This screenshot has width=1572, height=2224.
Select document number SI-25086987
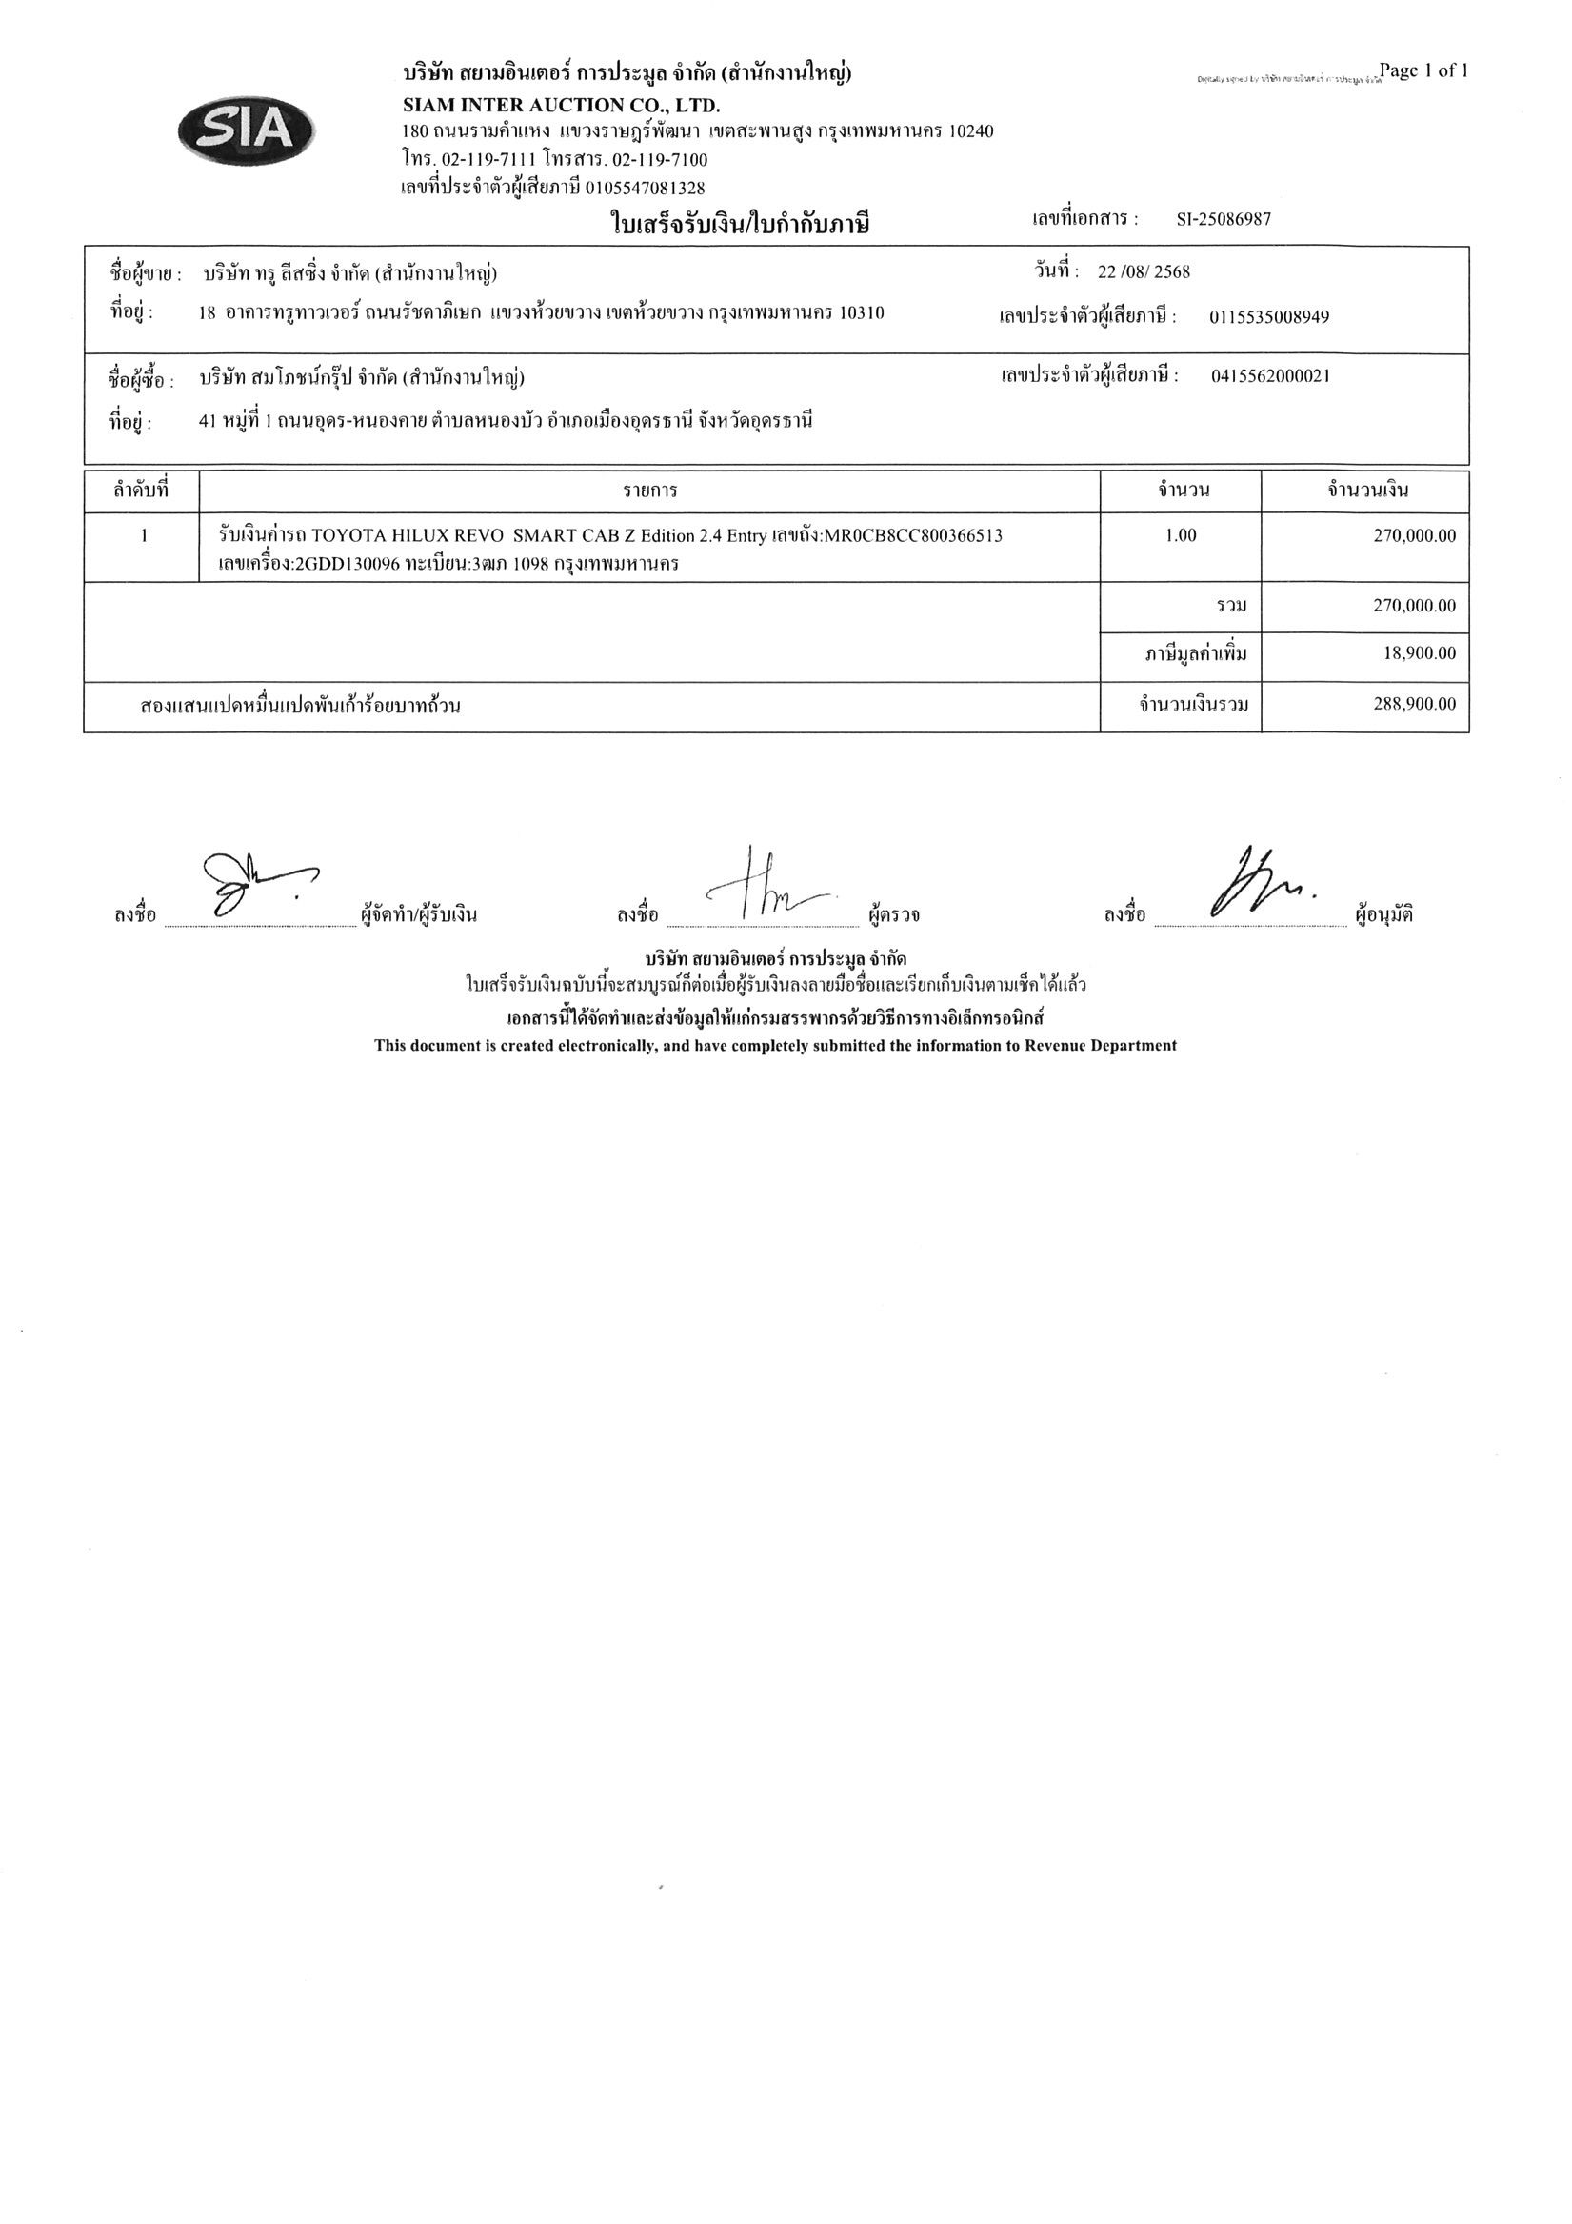(1224, 220)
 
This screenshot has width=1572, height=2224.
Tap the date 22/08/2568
(1143, 272)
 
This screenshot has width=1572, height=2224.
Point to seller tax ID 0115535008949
(1269, 317)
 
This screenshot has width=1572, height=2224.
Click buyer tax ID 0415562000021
(1270, 376)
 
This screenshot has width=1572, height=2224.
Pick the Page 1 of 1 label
(1423, 70)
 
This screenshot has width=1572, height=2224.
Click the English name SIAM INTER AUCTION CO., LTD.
(561, 105)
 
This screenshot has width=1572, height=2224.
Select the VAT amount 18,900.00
(1419, 653)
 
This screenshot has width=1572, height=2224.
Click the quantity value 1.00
(1181, 535)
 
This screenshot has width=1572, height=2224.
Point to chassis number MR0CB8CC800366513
(912, 535)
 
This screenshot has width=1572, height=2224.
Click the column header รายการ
(650, 491)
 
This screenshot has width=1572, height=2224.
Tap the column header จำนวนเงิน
(1366, 491)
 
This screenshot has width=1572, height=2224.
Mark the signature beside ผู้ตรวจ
(766, 887)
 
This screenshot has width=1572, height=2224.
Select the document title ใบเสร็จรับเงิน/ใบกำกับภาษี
(740, 226)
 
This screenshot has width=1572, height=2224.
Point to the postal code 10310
(861, 312)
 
